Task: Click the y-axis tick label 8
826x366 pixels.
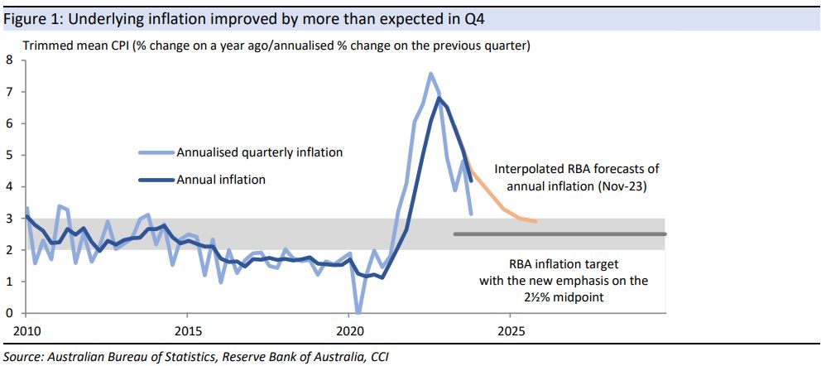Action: [10, 60]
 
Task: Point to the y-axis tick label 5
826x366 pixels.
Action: [10, 155]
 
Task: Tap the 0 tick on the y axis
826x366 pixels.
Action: [10, 313]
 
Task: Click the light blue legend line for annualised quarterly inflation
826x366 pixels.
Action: [156, 152]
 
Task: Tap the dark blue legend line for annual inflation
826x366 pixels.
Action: [156, 179]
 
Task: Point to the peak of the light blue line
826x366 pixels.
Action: [430, 74]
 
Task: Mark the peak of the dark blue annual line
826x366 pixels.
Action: [439, 99]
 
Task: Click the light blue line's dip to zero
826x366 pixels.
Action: [357, 312]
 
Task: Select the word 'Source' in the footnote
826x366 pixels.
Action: [22, 357]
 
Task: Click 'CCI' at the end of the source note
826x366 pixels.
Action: [374, 357]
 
